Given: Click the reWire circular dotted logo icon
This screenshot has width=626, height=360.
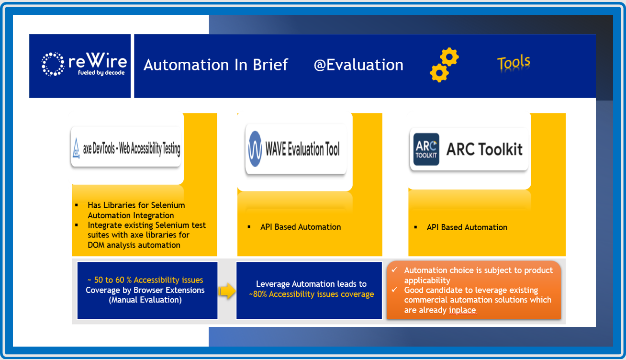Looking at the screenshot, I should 53,65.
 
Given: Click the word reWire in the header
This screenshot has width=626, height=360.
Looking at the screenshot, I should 98,61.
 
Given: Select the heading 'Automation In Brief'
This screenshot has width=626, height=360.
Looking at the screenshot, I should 215,65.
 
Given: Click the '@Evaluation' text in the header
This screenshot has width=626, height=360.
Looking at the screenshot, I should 358,65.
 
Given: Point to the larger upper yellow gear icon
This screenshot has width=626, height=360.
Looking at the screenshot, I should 449,57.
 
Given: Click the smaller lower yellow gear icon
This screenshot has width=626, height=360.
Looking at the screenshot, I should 439,73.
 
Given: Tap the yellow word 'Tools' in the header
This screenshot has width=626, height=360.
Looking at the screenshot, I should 514,63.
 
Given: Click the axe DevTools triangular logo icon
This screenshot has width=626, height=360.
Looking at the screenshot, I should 76,149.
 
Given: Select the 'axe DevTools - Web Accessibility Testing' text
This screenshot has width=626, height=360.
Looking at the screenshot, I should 132,149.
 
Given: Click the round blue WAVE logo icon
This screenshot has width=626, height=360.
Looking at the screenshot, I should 255,149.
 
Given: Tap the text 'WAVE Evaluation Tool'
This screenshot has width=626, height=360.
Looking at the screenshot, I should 303,149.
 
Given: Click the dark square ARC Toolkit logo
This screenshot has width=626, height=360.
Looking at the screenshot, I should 426,149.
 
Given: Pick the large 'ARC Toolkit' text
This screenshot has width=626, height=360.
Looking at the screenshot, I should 484,149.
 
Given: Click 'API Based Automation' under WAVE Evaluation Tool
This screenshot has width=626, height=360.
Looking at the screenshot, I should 301,227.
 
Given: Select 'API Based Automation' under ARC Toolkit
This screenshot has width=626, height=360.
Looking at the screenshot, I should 467,227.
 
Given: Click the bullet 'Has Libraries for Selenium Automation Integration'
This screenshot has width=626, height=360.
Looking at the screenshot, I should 136,210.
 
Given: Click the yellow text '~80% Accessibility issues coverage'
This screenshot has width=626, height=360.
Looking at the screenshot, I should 311,294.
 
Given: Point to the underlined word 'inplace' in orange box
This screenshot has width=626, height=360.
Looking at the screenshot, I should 462,310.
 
